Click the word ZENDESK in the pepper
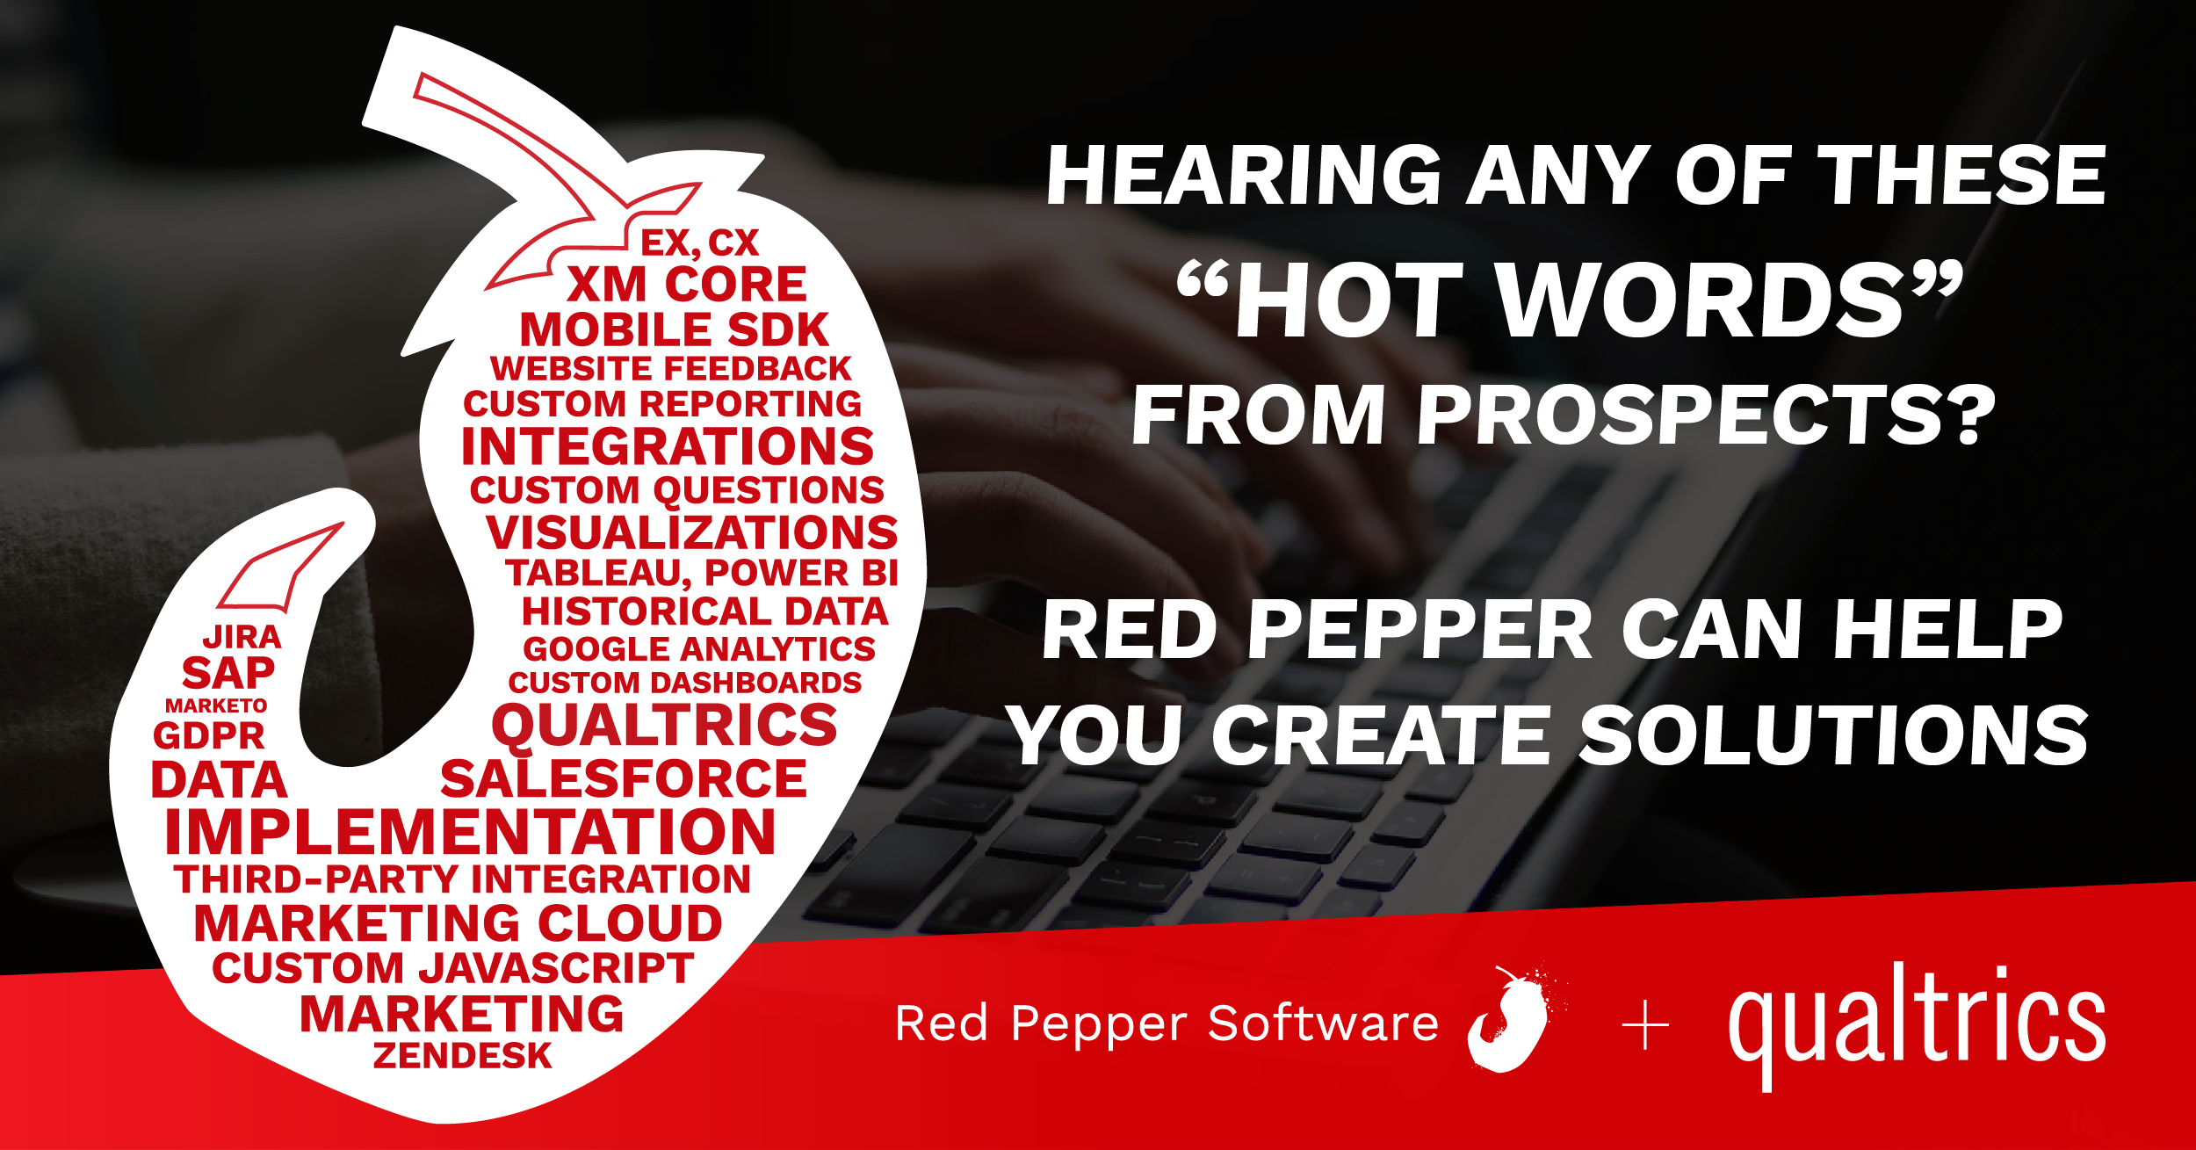pos(463,1055)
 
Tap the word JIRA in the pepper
pos(242,637)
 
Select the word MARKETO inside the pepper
pos(216,706)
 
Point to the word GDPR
pos(209,736)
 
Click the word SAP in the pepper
pos(228,674)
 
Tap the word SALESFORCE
pos(624,779)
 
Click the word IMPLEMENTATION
pos(471,831)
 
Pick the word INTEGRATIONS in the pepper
pos(668,446)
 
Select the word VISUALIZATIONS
pos(692,532)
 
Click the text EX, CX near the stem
pos(699,243)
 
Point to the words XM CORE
pos(687,284)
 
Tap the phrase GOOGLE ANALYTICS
pos(699,649)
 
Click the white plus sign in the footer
pos(1645,1026)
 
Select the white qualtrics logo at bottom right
pos(1918,1026)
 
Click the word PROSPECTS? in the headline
pos(1706,416)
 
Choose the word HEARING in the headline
pos(1245,176)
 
